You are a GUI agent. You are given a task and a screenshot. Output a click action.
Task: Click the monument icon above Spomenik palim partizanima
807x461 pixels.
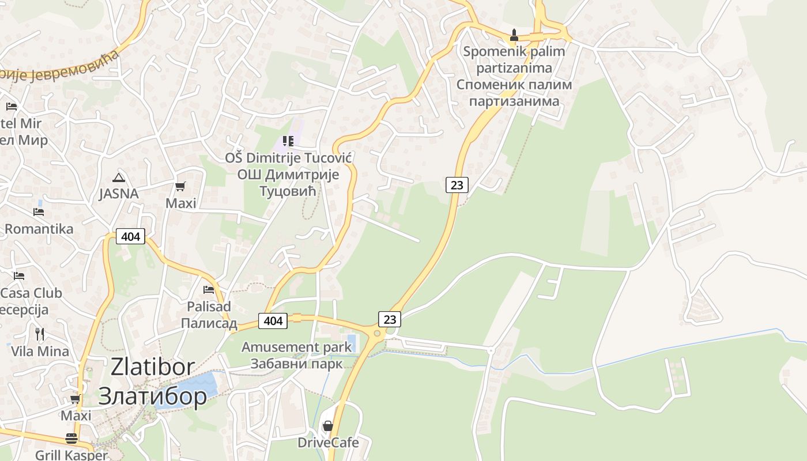[514, 35]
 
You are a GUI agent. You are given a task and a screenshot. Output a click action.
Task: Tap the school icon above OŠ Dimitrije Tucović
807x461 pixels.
[288, 141]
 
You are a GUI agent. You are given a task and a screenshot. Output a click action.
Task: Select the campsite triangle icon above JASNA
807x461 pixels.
[119, 177]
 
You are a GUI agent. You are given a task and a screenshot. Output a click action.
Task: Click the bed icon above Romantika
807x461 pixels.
[39, 212]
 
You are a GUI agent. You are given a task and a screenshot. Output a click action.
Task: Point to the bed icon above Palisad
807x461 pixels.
[209, 289]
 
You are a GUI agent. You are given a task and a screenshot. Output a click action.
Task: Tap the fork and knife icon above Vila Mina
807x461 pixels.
[40, 334]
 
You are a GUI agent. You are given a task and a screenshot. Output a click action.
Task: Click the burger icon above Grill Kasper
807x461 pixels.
[71, 439]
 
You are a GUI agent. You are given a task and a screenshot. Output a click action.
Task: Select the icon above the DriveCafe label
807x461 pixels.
[328, 426]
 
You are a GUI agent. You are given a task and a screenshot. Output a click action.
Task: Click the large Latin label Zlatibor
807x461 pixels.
[153, 367]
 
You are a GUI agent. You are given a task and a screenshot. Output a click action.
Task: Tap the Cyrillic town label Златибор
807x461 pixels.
[153, 396]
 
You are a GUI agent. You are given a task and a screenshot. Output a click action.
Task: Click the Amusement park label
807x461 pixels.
[296, 347]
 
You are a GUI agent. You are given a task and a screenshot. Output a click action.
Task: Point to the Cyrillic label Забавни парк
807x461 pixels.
[296, 364]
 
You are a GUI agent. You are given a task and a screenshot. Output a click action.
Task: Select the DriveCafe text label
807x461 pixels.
[328, 443]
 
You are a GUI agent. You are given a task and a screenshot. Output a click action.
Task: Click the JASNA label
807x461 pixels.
[119, 194]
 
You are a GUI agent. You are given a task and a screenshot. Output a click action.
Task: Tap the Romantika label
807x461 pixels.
[39, 229]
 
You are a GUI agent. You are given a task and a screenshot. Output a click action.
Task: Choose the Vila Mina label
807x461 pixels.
[40, 351]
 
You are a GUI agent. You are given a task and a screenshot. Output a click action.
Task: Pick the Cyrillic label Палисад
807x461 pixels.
[209, 323]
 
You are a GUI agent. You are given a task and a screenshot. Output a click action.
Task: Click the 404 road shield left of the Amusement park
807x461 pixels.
[273, 320]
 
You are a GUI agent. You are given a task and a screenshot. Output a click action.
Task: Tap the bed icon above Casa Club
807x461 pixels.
[19, 276]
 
